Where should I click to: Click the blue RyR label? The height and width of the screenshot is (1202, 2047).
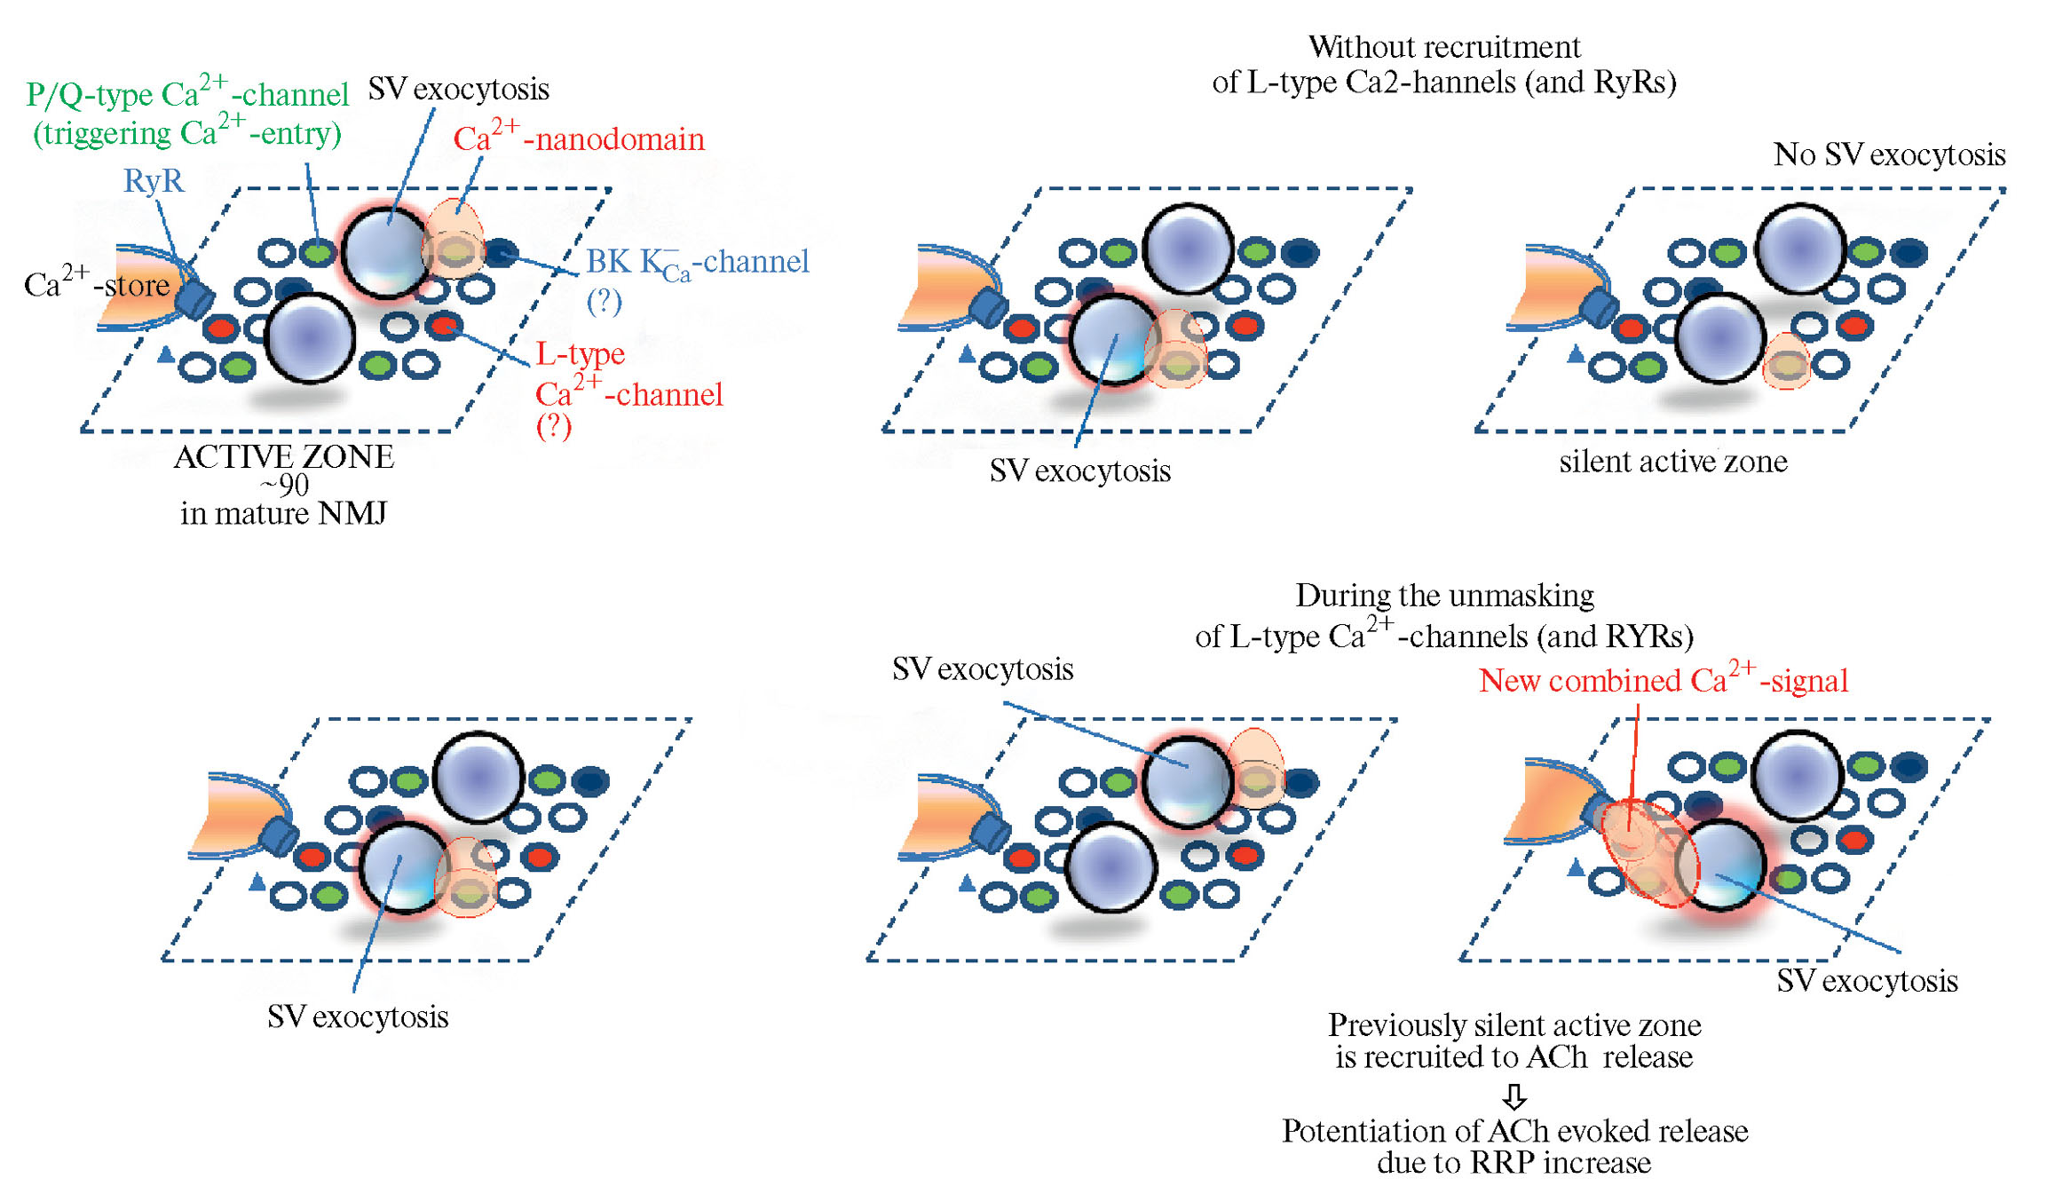click(154, 181)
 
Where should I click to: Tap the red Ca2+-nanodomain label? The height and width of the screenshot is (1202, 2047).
click(579, 139)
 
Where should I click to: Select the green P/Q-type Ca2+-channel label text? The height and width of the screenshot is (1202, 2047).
click(187, 95)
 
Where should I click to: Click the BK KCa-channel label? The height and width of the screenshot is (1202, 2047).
click(697, 262)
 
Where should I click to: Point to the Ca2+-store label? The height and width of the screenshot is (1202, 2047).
click(97, 285)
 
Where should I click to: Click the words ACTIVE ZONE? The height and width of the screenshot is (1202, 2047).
click(284, 457)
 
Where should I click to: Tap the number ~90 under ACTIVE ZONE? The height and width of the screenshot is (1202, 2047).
click(284, 486)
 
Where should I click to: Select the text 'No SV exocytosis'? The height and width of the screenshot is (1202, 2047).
click(1889, 155)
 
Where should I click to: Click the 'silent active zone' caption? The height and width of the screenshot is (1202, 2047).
click(1673, 462)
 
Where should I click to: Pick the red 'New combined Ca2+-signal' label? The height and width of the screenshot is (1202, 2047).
click(1664, 681)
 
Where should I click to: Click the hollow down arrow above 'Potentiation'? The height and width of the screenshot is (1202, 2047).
click(1514, 1096)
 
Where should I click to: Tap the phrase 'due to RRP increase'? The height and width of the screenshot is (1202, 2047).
click(1514, 1163)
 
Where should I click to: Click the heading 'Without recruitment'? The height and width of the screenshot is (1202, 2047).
click(1444, 47)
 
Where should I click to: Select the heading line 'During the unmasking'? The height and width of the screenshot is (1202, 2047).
click(1444, 596)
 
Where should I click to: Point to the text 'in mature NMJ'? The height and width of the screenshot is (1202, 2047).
click(283, 514)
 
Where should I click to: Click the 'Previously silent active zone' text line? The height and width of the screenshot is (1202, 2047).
click(1514, 1025)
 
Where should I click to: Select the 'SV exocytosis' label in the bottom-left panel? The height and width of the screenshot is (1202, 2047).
click(358, 1017)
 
